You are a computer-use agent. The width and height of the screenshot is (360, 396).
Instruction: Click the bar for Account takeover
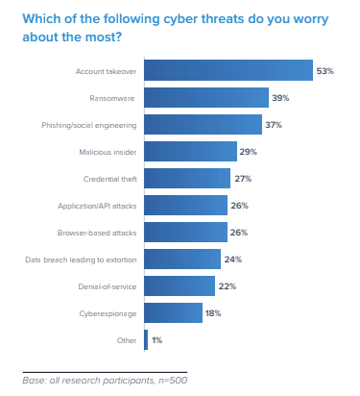(228, 70)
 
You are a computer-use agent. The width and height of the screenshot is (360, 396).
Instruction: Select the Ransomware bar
(206, 97)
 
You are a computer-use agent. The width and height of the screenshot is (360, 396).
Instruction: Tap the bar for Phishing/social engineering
(203, 124)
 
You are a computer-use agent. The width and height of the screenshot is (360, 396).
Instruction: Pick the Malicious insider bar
(190, 151)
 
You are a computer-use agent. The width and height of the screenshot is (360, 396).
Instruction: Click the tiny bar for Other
(146, 339)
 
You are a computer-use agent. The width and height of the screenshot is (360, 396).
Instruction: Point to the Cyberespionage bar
(173, 312)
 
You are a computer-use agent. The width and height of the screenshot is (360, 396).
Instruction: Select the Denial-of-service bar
(180, 285)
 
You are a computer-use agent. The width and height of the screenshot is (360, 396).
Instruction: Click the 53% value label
(326, 70)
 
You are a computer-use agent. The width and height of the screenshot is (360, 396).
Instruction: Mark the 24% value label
(233, 259)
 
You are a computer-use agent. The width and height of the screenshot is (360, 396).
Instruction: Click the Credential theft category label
(108, 178)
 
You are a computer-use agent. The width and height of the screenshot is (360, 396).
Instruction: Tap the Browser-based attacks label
(99, 232)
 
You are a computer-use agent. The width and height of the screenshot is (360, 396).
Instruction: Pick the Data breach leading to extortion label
(82, 259)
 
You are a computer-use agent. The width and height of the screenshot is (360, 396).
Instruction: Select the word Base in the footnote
(33, 382)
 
